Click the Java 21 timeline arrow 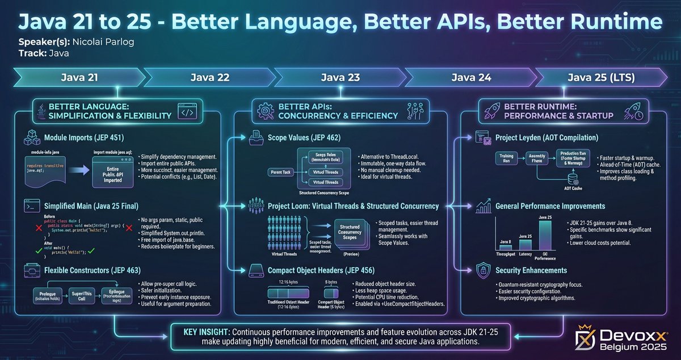pos(79,78)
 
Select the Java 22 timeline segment pos(209,78)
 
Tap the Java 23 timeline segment pos(340,78)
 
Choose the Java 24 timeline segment pos(471,78)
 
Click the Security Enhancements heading pos(531,270)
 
